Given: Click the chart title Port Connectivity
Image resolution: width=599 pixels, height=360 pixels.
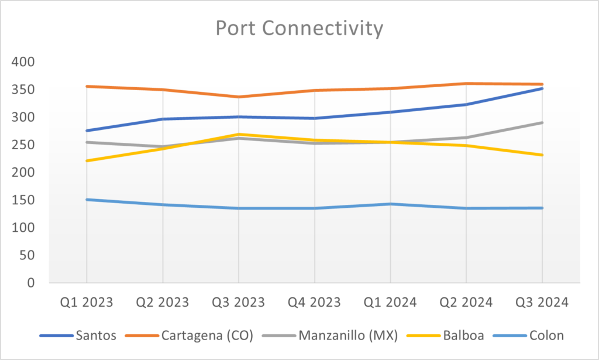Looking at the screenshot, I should (299, 28).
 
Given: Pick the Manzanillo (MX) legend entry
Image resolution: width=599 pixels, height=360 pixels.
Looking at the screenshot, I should (348, 335).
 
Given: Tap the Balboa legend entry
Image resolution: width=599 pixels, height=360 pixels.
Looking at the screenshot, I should (460, 335).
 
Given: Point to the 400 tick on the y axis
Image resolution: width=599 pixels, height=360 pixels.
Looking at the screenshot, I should (23, 62).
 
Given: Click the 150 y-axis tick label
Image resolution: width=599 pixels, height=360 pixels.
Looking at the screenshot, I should (23, 200).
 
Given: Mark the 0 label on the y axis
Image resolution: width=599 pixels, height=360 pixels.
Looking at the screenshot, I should (31, 283).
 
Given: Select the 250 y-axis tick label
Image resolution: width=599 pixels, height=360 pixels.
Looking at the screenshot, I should (23, 145).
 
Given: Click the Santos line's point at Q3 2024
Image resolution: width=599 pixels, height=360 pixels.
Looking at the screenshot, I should (542, 88).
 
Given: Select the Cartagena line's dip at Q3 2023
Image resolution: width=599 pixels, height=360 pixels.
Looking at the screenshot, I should (239, 97).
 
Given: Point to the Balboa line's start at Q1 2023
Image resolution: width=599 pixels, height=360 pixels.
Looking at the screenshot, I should (87, 160).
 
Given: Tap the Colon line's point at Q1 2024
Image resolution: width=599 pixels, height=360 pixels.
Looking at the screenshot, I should (391, 204).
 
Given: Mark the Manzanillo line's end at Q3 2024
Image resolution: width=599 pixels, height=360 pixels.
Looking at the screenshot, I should (542, 123).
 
